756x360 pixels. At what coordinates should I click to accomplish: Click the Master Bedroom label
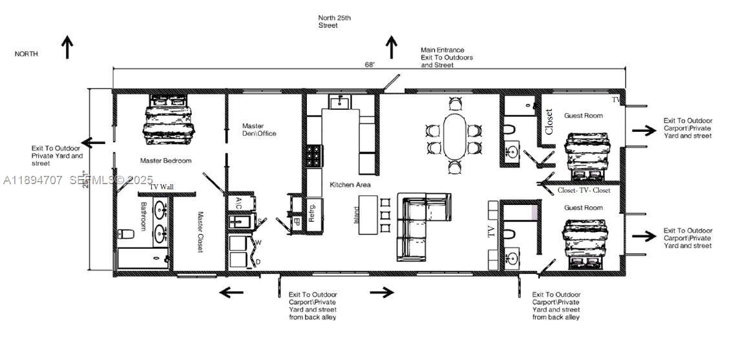(165, 160)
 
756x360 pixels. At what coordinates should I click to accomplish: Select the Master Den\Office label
(259, 130)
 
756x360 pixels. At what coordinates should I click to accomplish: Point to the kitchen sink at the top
(339, 102)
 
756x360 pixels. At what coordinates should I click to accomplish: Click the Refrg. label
(312, 212)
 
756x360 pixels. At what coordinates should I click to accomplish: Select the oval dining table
(454, 136)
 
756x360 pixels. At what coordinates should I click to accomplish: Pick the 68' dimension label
(370, 64)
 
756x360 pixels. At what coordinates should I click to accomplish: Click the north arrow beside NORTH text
(67, 47)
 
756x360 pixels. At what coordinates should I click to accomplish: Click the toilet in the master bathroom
(125, 234)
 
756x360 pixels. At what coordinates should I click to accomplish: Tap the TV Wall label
(162, 187)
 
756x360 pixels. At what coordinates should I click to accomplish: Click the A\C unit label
(238, 202)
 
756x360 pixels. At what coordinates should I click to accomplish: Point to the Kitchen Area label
(350, 185)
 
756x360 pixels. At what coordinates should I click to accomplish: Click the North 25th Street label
(335, 21)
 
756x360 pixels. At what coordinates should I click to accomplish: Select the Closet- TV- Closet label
(584, 191)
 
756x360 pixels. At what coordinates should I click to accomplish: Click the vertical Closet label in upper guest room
(549, 122)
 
